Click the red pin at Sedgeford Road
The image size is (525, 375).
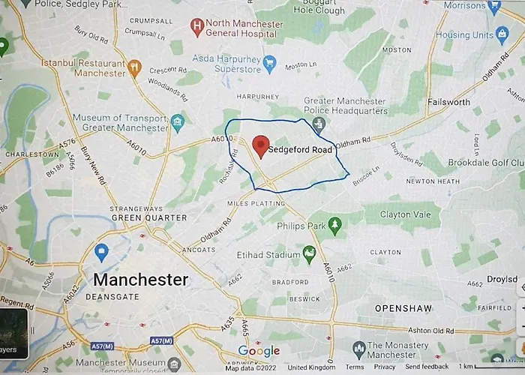pos(261,145)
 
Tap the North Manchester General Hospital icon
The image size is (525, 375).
pos(197,27)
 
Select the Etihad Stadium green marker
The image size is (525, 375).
pos(308,254)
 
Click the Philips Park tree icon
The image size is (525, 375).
pos(334,223)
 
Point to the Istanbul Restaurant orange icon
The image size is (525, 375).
pos(135,67)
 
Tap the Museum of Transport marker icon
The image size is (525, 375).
pos(177,121)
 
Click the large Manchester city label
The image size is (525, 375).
pos(140,280)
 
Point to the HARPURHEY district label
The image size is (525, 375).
pos(257,96)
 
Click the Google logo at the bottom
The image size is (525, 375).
pos(259,351)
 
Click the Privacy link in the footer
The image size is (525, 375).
pos(384,367)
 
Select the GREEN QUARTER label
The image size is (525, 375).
pos(148,217)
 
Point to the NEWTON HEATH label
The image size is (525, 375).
pos(431,181)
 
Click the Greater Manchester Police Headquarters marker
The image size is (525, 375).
pos(319,123)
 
